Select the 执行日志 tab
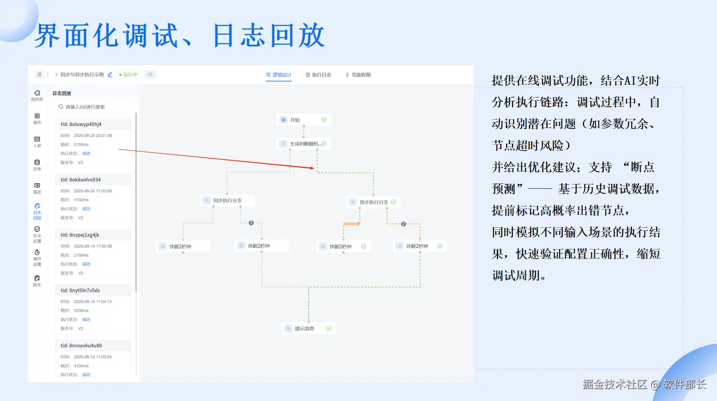(319, 75)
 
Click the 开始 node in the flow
(303, 120)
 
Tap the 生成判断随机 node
(303, 144)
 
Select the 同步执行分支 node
(227, 200)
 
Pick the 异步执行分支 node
(373, 202)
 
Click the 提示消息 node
(308, 329)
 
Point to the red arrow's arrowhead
(312, 168)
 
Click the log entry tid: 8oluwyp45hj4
(93, 125)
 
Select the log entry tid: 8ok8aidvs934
(93, 180)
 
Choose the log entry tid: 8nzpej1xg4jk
(93, 235)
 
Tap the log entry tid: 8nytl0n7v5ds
(93, 290)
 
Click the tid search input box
(95, 107)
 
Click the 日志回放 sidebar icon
(37, 211)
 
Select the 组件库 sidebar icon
(37, 95)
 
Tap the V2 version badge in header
(150, 74)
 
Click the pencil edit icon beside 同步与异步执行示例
(110, 75)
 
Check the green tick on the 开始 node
(324, 120)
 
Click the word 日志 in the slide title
(239, 35)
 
